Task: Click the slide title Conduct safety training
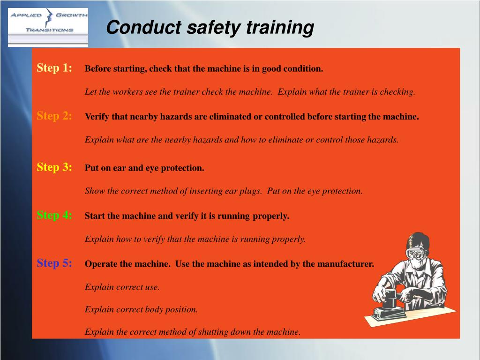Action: (210, 28)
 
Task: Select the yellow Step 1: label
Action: (54, 68)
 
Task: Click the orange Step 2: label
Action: (54, 116)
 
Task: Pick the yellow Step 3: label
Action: (54, 167)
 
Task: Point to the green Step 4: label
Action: (54, 215)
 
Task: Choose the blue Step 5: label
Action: (54, 263)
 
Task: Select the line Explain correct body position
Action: (141, 309)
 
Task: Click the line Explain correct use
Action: (122, 287)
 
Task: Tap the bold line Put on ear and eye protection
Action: (144, 168)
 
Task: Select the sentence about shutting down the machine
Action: (192, 332)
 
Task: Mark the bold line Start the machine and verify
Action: (187, 216)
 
